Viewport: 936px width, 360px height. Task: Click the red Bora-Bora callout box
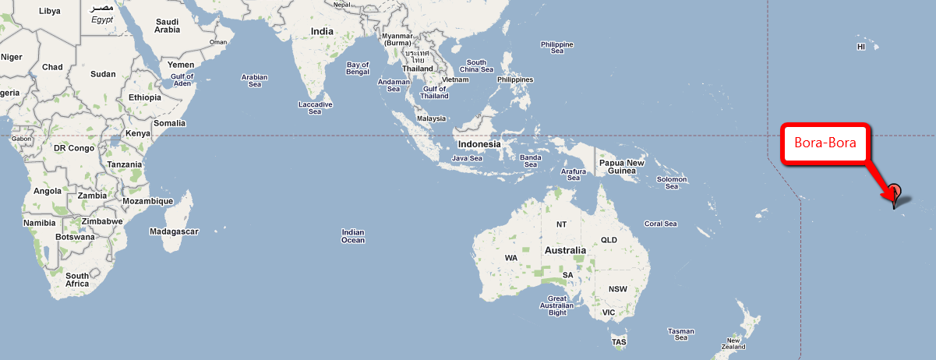pos(825,143)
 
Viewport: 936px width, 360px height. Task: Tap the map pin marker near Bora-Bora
pos(895,192)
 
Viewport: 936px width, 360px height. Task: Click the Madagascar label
pos(175,231)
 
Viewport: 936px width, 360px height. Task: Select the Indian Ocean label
pos(353,236)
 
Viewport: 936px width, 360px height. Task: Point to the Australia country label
pos(565,251)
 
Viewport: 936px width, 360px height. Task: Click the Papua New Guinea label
pos(621,167)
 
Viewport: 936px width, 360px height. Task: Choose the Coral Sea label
pos(660,224)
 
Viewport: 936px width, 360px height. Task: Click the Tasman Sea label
pos(680,334)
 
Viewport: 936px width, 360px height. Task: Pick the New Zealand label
pos(733,344)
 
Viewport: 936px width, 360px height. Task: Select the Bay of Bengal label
pos(358,69)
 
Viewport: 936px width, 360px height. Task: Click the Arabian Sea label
pos(255,81)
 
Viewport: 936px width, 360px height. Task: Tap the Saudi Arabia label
pos(168,26)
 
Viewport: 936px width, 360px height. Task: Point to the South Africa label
pos(77,280)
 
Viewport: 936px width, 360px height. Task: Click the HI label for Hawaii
pos(861,47)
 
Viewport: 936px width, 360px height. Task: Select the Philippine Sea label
pos(557,48)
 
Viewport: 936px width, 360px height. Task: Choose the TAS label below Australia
pos(620,342)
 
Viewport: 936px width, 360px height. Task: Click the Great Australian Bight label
pos(557,306)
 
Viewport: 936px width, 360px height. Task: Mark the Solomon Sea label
pos(671,183)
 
